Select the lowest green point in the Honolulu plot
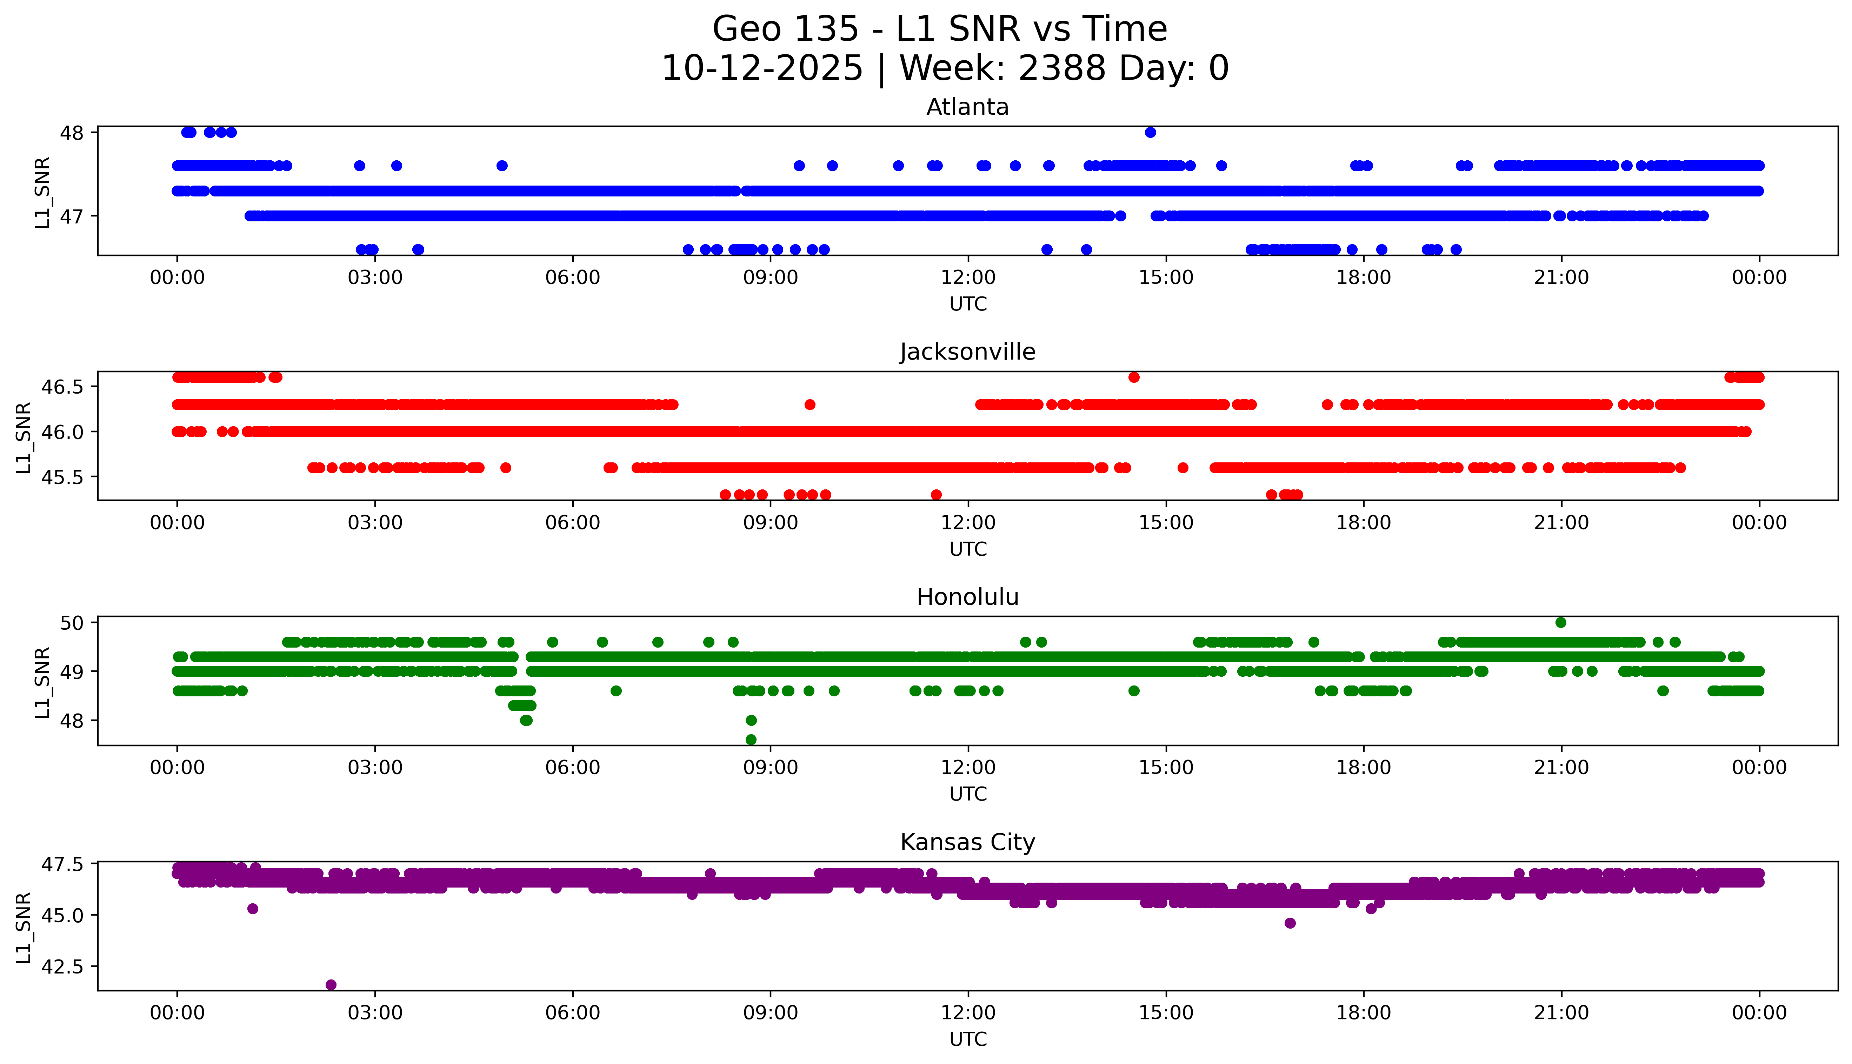[x=751, y=740]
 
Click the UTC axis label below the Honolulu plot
[x=968, y=794]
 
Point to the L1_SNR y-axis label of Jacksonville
[x=24, y=437]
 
